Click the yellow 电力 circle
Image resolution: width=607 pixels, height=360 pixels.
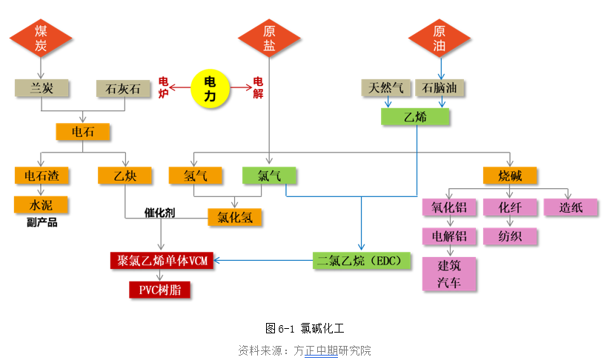[x=210, y=87]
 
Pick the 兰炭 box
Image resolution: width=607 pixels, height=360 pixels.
[x=42, y=89]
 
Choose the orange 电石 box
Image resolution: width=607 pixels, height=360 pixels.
[x=83, y=133]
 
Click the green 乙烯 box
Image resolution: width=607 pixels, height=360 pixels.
[x=415, y=116]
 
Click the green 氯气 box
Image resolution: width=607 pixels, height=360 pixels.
[x=269, y=176]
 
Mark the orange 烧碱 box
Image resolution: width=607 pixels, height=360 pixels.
[x=510, y=176]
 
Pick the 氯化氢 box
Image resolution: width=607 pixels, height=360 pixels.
[x=235, y=217]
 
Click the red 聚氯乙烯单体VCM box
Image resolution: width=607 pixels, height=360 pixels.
[x=162, y=260]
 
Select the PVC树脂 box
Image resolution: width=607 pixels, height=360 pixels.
[x=159, y=290]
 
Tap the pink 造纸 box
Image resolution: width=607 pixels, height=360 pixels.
[x=571, y=207]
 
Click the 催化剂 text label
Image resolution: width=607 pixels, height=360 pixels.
[x=159, y=212]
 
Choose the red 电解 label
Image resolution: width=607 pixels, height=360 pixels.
[x=258, y=87]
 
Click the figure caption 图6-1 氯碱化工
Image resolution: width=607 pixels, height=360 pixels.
[x=304, y=327]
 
